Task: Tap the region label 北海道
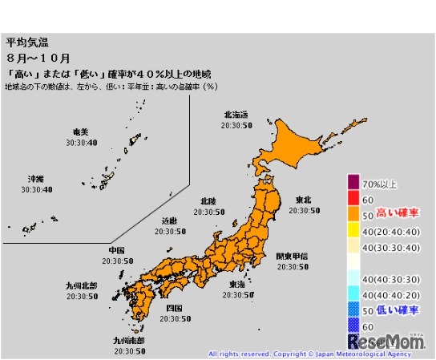240,115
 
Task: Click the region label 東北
304,199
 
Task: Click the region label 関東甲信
292,257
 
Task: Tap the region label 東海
237,284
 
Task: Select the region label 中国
117,250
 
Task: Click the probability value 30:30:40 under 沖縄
37,189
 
